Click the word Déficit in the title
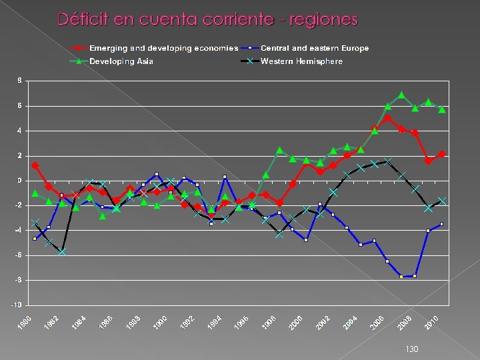tap(84, 19)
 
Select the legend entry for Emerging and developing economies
tap(163, 48)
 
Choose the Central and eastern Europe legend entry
tap(315, 48)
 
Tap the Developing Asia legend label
tap(121, 61)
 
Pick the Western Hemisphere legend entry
tap(301, 61)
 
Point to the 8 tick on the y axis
tap(19, 81)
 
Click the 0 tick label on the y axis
tap(19, 181)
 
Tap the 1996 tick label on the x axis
tap(243, 322)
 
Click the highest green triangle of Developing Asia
tap(401, 95)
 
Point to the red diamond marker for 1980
tap(35, 165)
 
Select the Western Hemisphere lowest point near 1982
tap(62, 252)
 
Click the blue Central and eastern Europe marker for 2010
tap(442, 224)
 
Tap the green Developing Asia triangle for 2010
tap(442, 109)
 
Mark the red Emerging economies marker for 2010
tap(442, 154)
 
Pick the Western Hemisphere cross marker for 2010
tap(442, 201)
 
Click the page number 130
tap(411, 349)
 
